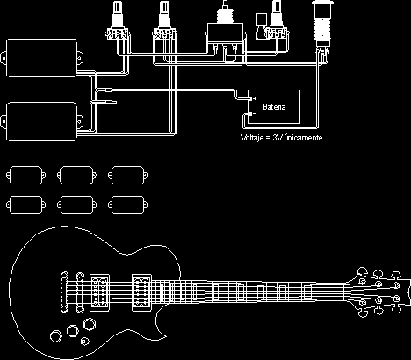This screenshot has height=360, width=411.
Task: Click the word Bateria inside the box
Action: (x=274, y=107)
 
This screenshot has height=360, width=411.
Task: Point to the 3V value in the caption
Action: (x=278, y=137)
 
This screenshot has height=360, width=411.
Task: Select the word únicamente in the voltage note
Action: (x=303, y=137)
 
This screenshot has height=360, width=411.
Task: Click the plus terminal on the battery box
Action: (x=252, y=99)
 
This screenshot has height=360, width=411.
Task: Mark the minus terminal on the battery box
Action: (x=252, y=114)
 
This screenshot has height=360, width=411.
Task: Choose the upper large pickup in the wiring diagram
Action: (x=41, y=58)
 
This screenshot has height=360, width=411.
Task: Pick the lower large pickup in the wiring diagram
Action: (x=41, y=121)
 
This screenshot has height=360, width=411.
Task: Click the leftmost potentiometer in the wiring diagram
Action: (x=118, y=21)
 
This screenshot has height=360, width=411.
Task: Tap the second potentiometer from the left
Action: (x=165, y=21)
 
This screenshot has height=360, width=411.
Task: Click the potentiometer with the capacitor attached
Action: (x=277, y=20)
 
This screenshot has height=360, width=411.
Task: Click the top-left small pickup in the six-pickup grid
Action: (x=25, y=176)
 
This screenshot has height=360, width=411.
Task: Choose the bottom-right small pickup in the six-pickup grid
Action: (x=128, y=205)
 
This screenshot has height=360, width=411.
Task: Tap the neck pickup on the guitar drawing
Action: (x=141, y=292)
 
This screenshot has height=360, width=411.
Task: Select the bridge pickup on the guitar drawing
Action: (x=99, y=292)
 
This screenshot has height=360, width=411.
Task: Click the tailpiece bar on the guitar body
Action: (x=64, y=292)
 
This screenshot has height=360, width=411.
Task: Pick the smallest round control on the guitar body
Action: (x=85, y=342)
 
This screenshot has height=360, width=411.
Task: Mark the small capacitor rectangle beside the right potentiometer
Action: (x=261, y=20)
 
